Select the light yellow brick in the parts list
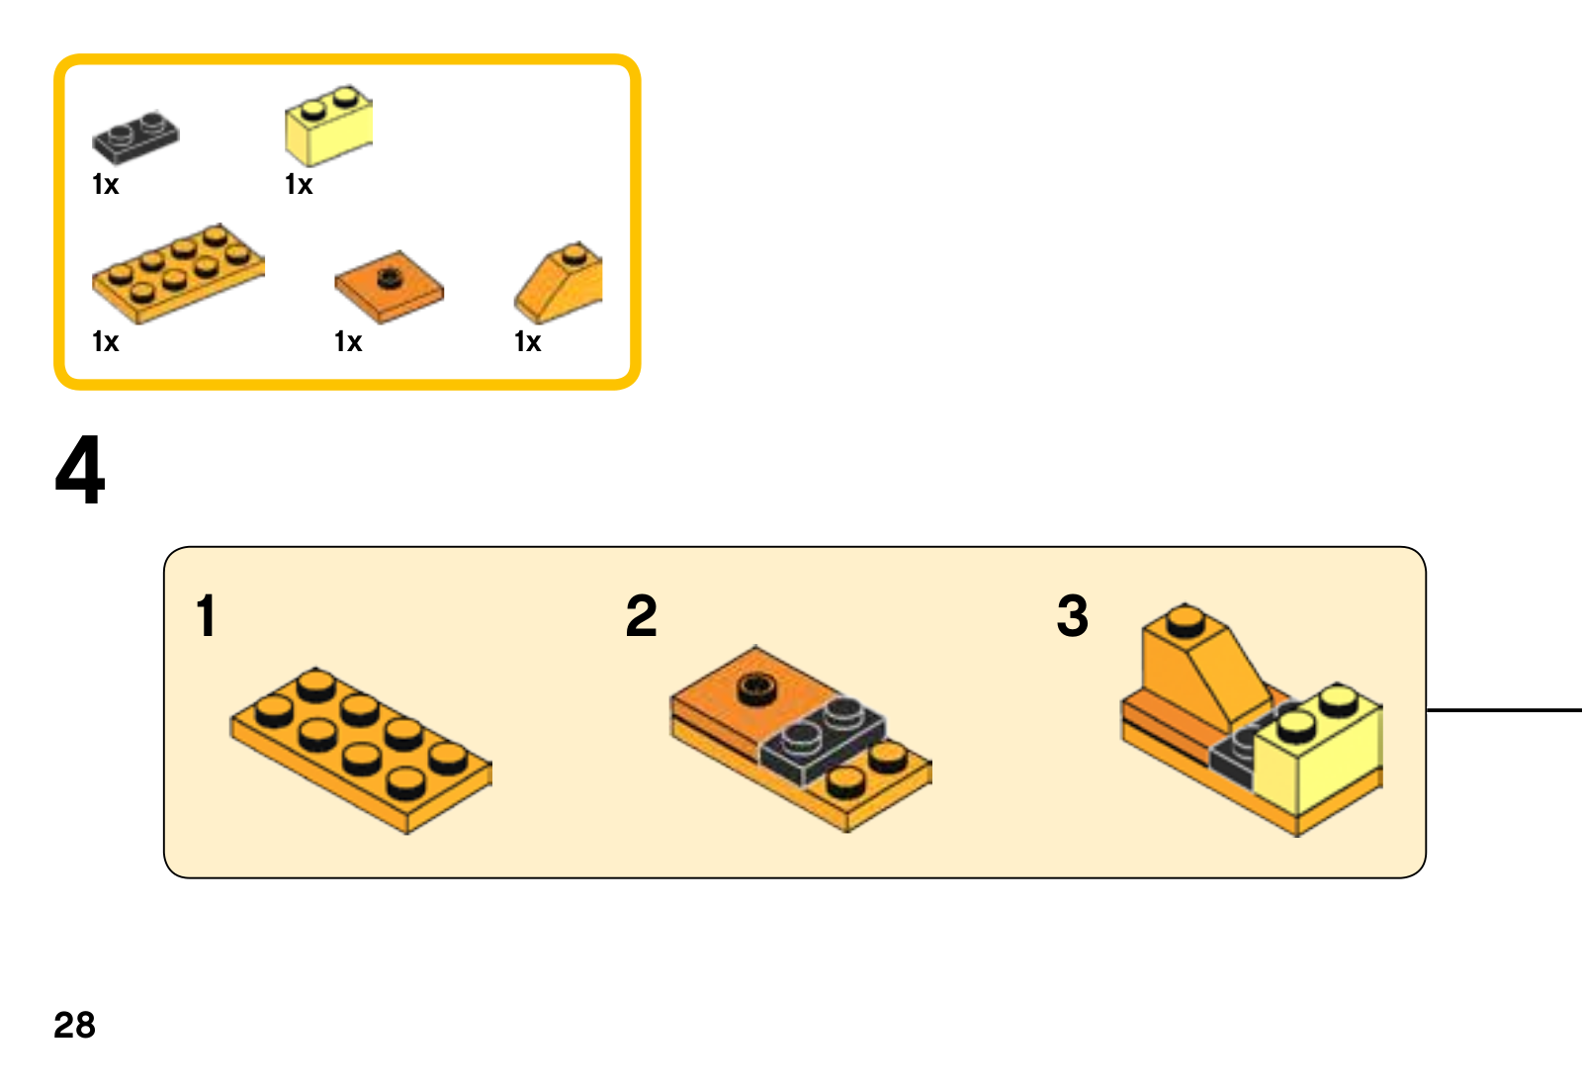[328, 127]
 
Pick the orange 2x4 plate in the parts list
[178, 273]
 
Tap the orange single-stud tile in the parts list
[389, 286]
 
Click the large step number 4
[80, 471]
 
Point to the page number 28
[74, 1025]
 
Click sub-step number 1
[206, 616]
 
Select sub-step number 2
[641, 616]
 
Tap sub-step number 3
[1073, 616]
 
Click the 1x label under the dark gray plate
[105, 185]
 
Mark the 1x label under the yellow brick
[299, 185]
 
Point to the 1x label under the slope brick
[528, 342]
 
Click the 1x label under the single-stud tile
[348, 342]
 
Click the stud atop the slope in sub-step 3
[1185, 620]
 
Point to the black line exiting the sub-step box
[1503, 710]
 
